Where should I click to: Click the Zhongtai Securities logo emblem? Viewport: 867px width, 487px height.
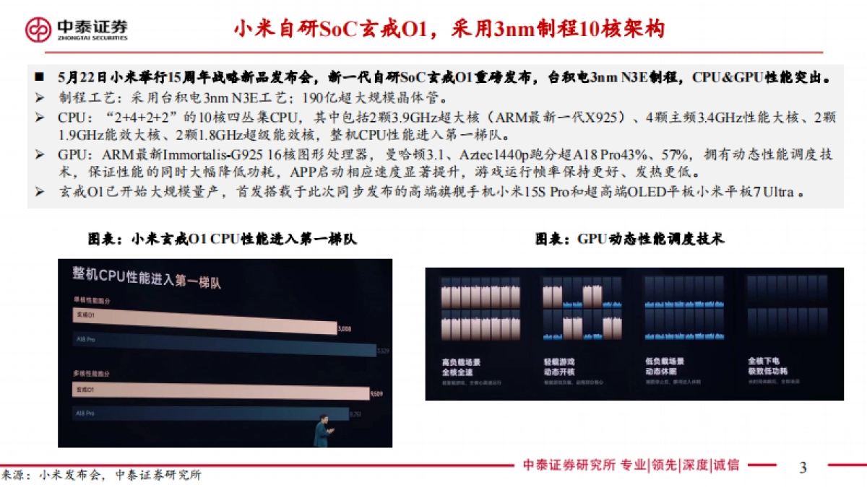pos(38,29)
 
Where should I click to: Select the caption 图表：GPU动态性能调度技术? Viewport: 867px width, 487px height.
pos(629,239)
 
